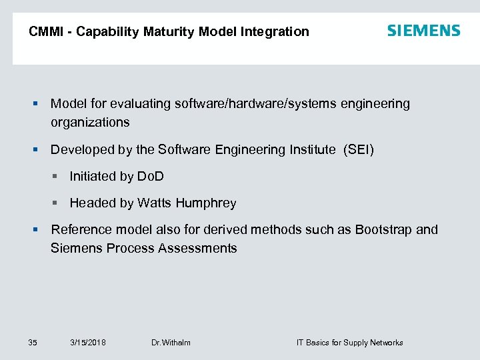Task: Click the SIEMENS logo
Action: pyautogui.click(x=423, y=31)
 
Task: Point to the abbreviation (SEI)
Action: pyautogui.click(x=359, y=149)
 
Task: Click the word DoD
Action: pyautogui.click(x=150, y=176)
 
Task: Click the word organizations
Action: pyautogui.click(x=90, y=122)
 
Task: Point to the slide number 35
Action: pyautogui.click(x=33, y=343)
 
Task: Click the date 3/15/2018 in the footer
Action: pyautogui.click(x=88, y=343)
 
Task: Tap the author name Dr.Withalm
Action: pyautogui.click(x=171, y=343)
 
